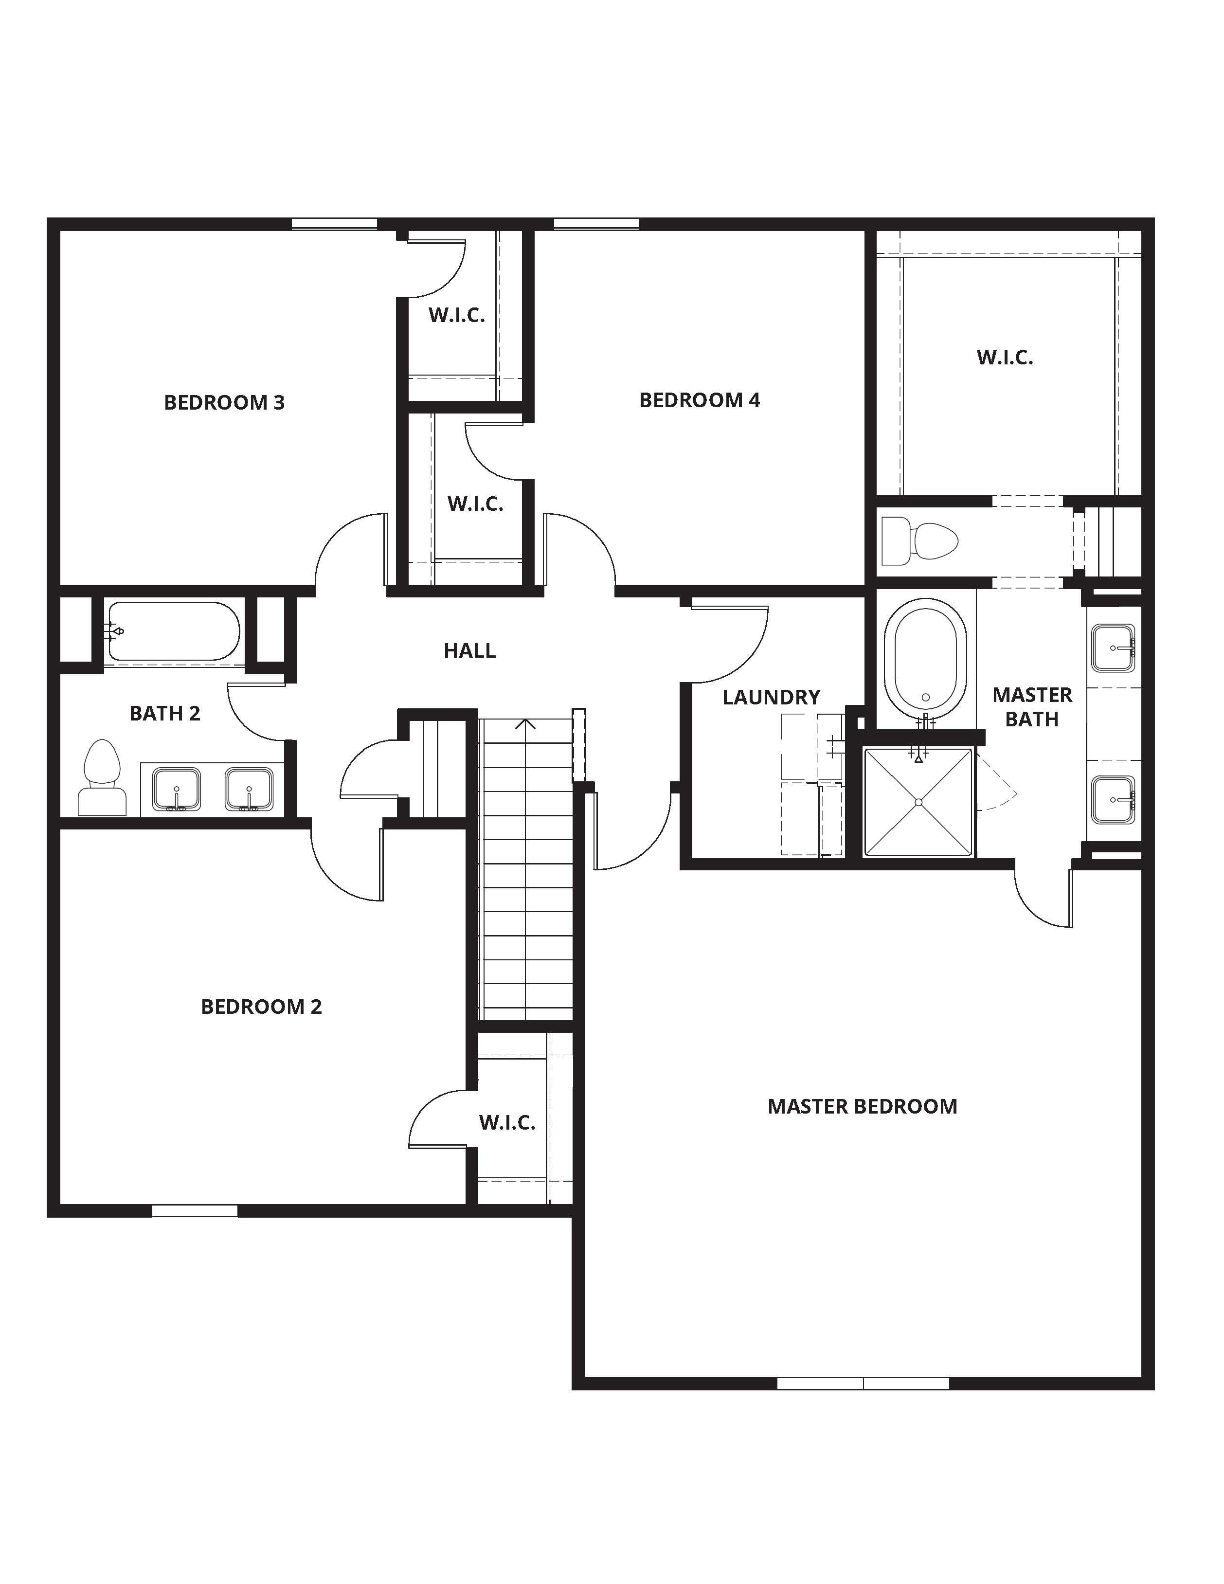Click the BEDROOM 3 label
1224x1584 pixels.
tap(224, 402)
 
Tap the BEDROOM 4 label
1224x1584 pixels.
tap(699, 400)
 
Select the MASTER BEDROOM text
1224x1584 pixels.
tap(862, 1106)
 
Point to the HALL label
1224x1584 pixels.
tap(470, 650)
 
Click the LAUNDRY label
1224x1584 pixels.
tap(771, 697)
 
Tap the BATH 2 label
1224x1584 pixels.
tap(164, 714)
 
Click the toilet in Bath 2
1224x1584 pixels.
tap(102, 778)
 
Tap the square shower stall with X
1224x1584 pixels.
tap(918, 802)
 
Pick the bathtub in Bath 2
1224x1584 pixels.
tap(173, 632)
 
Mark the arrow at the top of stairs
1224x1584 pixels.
tap(525, 724)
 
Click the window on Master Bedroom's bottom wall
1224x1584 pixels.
tap(863, 1383)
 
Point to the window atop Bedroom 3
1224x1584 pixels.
tap(334, 224)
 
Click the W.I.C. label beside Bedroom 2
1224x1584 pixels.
tap(507, 1123)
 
